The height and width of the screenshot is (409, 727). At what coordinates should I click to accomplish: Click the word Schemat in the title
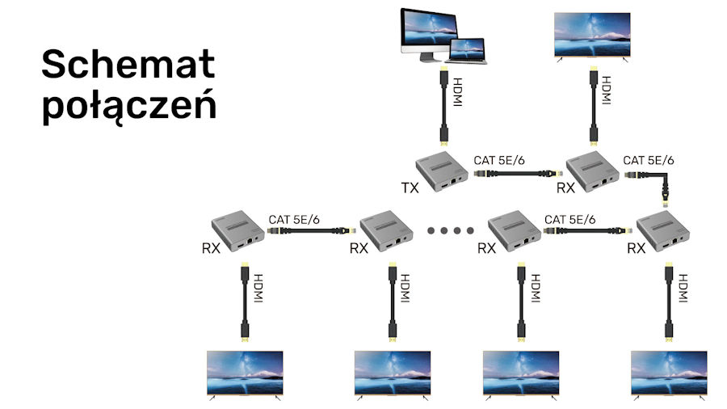[128, 64]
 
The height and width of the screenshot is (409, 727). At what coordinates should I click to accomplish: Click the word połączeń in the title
[129, 105]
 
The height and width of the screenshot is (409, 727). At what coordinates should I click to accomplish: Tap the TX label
[410, 188]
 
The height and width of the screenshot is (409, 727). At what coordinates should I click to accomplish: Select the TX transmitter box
[441, 171]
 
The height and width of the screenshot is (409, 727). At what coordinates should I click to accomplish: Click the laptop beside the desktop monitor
[467, 51]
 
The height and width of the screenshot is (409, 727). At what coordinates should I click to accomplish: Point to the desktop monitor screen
[429, 28]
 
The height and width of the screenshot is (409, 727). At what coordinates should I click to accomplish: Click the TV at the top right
[593, 36]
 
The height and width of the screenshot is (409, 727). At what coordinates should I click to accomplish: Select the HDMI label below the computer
[457, 92]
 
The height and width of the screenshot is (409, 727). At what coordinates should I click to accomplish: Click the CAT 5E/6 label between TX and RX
[499, 160]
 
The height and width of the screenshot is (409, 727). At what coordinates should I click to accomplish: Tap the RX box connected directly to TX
[593, 171]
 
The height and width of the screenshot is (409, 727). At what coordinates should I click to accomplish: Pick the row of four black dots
[450, 230]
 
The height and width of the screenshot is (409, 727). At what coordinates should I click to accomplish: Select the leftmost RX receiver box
[237, 231]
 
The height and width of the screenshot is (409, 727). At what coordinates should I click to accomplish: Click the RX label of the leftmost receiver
[211, 249]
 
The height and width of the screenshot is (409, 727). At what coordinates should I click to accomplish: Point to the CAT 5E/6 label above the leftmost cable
[294, 219]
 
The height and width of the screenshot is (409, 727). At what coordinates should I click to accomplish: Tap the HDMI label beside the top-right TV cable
[606, 91]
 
